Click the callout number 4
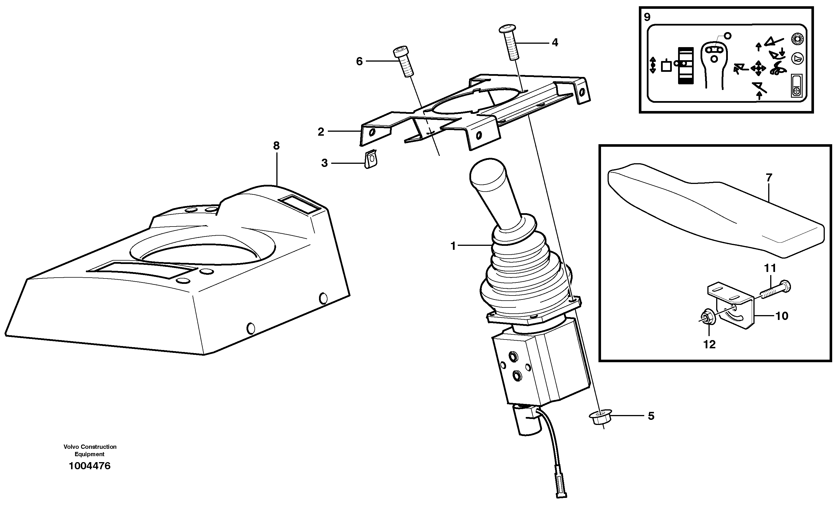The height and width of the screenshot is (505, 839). click(x=555, y=43)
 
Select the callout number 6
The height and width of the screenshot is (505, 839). click(x=359, y=62)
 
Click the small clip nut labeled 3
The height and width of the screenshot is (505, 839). click(x=370, y=160)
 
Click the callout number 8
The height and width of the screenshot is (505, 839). click(x=276, y=146)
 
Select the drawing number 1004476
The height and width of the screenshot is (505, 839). click(x=90, y=466)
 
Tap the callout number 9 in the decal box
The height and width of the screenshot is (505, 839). click(x=647, y=17)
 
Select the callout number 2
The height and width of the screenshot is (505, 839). click(x=321, y=132)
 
